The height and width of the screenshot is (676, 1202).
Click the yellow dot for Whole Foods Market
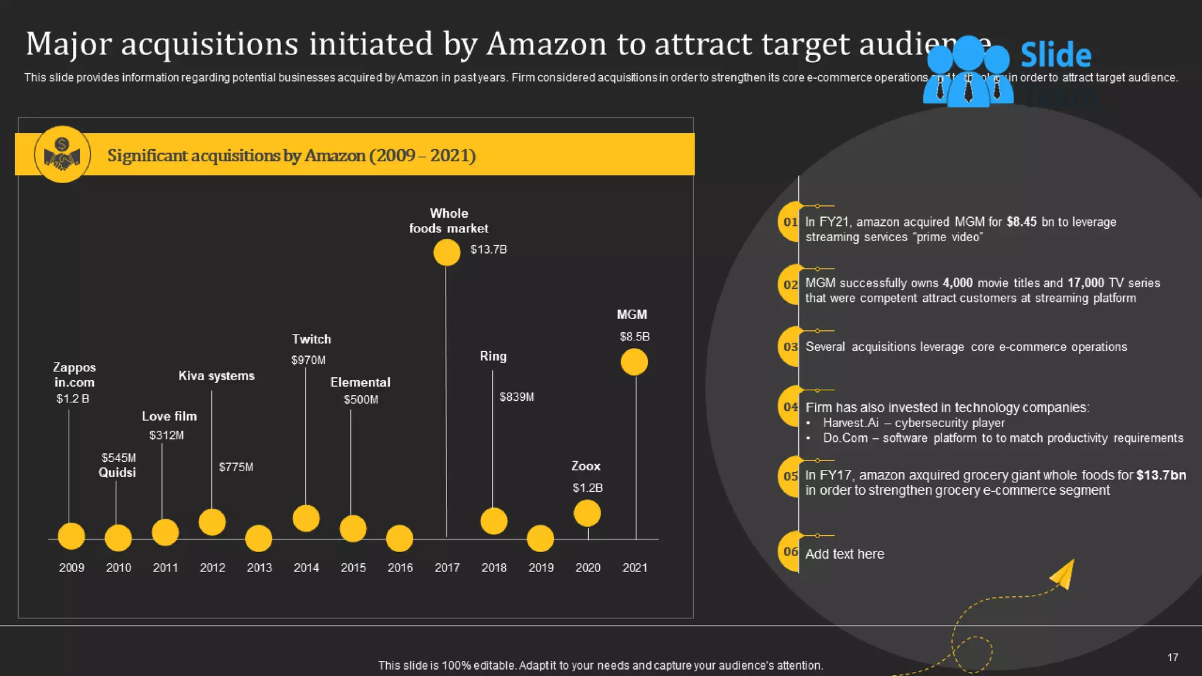(447, 253)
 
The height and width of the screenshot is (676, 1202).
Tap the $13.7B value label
(488, 249)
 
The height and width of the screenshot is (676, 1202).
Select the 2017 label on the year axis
(447, 567)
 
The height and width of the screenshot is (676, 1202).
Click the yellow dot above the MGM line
(634, 361)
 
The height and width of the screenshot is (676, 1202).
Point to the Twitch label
(311, 339)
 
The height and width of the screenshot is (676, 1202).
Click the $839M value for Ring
(516, 397)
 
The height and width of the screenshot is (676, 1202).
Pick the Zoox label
(586, 466)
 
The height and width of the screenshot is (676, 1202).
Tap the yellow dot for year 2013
(258, 538)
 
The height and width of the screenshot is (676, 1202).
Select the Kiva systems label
(216, 376)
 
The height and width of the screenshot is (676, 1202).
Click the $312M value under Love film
(166, 435)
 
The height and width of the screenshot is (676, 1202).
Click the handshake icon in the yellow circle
(62, 155)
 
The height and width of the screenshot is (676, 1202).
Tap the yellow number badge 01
(789, 222)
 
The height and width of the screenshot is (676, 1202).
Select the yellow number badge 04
(789, 407)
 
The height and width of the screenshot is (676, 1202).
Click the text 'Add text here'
(844, 554)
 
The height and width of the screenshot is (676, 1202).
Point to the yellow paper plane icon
(1063, 574)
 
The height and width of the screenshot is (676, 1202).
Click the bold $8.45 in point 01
(1021, 222)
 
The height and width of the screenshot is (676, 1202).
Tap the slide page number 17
(1173, 657)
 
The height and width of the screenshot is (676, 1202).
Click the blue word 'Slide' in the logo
(1055, 55)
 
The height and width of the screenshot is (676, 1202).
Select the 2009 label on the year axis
(72, 567)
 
